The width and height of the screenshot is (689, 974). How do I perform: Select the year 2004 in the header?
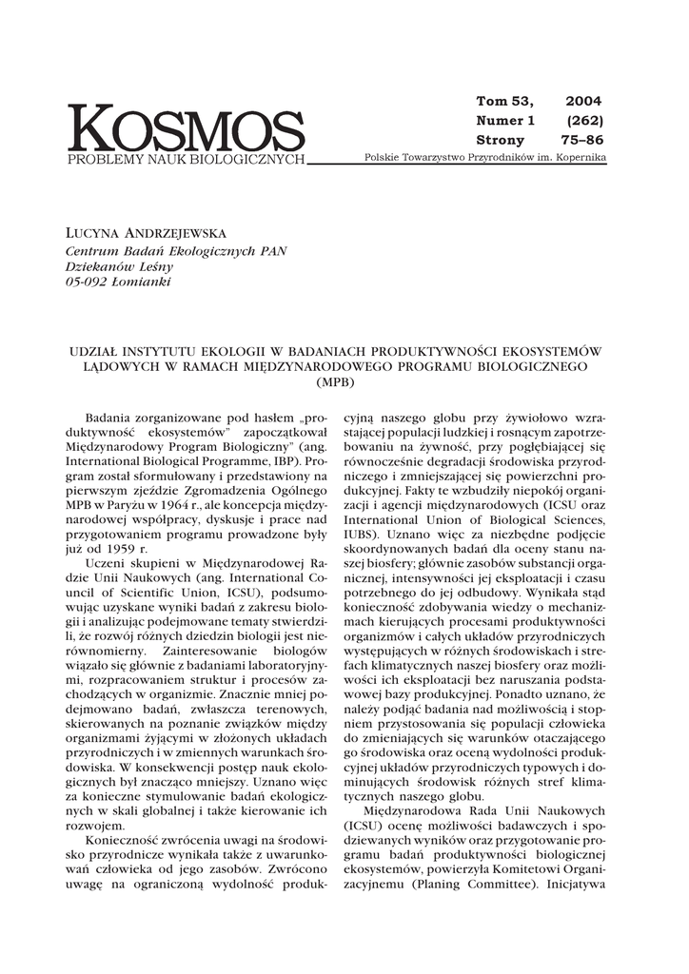tap(583, 101)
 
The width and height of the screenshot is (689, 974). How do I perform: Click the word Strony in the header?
tap(500, 140)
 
